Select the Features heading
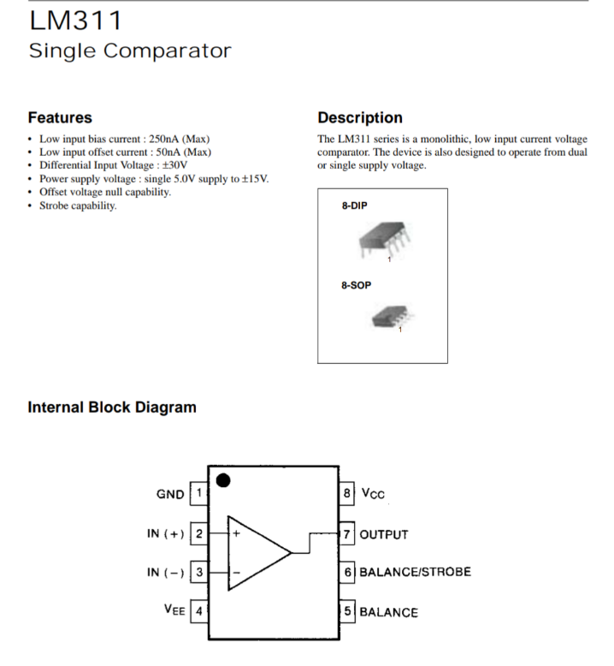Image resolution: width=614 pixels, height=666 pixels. (60, 117)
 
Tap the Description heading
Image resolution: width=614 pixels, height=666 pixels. (359, 117)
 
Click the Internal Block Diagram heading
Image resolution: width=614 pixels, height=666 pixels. (112, 407)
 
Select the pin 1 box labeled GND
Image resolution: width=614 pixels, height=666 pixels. (199, 494)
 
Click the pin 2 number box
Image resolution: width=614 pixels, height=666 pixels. (199, 534)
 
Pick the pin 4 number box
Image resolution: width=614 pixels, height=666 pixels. (199, 612)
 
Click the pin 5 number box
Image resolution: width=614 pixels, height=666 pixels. (348, 612)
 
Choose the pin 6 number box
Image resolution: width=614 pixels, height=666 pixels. (348, 572)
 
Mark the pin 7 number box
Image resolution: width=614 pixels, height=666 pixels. (348, 534)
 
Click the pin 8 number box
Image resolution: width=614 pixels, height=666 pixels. (348, 494)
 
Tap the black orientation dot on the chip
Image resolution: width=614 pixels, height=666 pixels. (223, 480)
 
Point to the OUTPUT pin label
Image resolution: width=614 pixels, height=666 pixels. (384, 535)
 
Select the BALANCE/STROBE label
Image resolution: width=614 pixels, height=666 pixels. (415, 572)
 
